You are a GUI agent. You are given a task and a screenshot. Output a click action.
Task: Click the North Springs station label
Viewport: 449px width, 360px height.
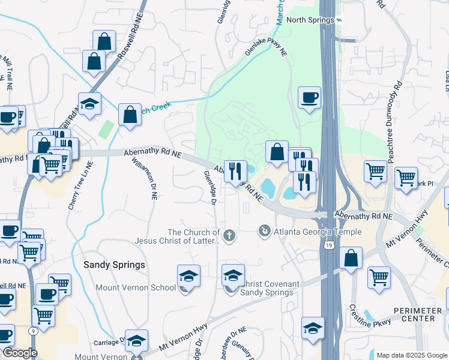click(310, 20)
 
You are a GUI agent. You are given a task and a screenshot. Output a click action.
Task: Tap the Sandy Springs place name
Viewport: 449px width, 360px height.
click(114, 265)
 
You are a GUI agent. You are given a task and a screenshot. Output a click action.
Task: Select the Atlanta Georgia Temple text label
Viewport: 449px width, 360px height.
click(318, 232)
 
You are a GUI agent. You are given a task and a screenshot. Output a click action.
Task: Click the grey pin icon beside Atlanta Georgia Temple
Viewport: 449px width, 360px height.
click(264, 230)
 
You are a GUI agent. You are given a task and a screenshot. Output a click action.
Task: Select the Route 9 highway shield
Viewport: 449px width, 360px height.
click(31, 331)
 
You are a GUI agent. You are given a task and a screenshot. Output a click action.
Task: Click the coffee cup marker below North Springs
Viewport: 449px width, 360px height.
click(309, 97)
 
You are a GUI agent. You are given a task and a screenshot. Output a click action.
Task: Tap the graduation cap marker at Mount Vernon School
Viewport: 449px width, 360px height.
click(188, 276)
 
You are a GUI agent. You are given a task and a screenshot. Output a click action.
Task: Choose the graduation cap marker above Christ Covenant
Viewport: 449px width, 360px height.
click(233, 275)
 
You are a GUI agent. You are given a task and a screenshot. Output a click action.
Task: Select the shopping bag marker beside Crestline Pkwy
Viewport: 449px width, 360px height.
click(351, 259)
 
